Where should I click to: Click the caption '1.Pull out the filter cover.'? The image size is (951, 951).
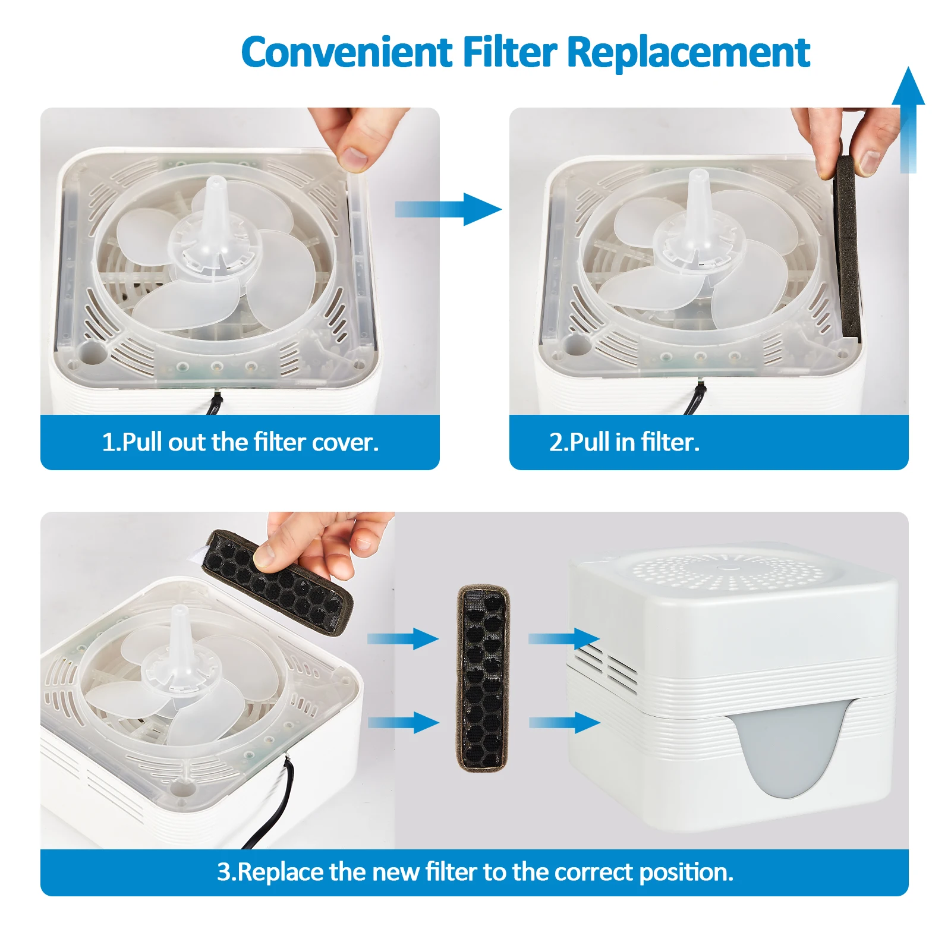coord(240,442)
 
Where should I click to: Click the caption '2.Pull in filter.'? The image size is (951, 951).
coord(624,442)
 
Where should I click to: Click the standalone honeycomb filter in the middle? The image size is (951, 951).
coord(483,678)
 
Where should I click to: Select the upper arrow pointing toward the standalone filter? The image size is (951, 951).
coord(402,639)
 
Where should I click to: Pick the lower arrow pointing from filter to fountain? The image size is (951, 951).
coord(563,722)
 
